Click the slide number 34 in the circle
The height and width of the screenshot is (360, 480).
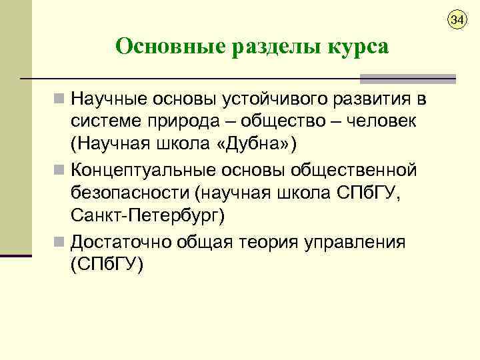456,21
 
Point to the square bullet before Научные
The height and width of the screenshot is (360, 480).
60,99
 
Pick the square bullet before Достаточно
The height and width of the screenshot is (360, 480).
60,241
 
